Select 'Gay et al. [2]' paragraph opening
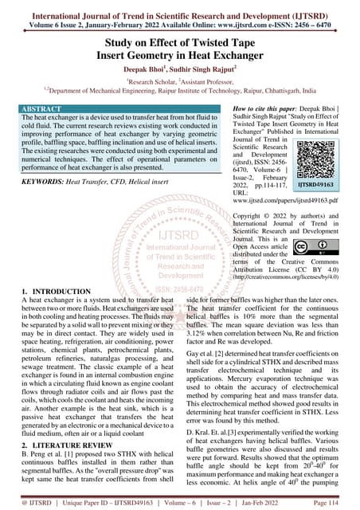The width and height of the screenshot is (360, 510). tap(209, 353)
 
